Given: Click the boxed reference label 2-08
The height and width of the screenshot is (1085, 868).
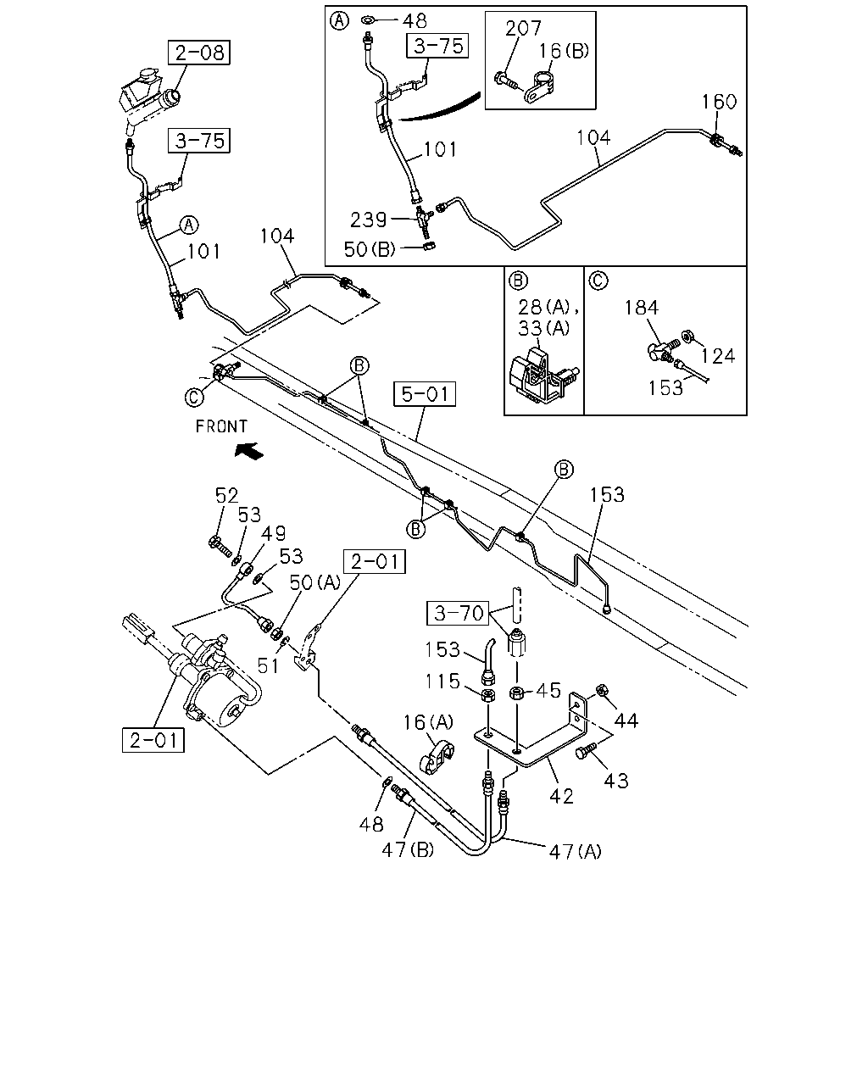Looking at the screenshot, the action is tap(198, 53).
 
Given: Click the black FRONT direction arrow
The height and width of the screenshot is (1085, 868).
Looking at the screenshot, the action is tap(248, 450).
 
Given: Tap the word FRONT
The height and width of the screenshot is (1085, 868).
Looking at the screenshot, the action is tap(221, 426).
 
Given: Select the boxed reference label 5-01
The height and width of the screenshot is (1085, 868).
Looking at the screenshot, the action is tap(424, 394).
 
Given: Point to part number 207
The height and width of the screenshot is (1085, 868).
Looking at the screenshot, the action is tap(523, 28).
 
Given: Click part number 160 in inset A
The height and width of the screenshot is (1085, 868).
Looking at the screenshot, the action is tap(719, 102).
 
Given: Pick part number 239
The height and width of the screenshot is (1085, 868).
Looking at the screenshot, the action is tap(368, 220).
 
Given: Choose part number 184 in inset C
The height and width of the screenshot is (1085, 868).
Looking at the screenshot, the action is tap(642, 308).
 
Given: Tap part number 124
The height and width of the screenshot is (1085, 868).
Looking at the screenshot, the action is tap(718, 357).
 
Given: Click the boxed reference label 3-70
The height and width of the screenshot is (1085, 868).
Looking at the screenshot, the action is tap(458, 613).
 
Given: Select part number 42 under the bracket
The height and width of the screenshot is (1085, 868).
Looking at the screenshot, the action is tap(561, 796).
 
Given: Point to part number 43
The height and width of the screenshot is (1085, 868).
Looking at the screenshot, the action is tap(615, 781).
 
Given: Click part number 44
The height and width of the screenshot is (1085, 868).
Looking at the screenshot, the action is tap(626, 721).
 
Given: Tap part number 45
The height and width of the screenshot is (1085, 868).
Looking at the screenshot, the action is tap(548, 690).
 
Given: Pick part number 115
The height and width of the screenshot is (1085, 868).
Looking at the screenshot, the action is tap(442, 682).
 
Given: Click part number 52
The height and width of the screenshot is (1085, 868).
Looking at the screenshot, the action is tap(226, 496).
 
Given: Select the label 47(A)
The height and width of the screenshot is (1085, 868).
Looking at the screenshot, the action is tap(575, 852).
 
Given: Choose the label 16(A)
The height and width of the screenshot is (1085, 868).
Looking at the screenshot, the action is tap(428, 722).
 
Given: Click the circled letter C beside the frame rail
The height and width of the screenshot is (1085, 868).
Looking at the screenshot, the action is tap(194, 398).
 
